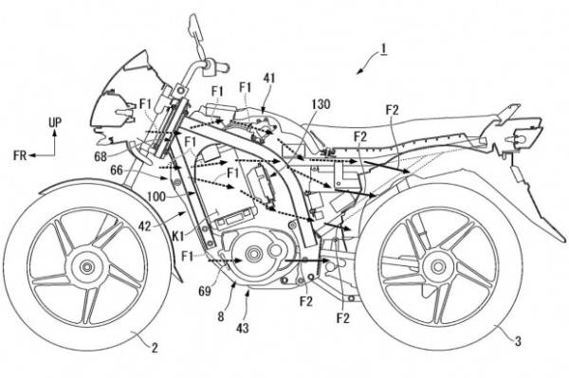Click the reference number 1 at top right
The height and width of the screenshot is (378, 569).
pyautogui.click(x=383, y=48)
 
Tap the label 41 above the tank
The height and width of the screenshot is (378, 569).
pyautogui.click(x=269, y=79)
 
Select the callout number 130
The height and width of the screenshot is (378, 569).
pyautogui.click(x=321, y=104)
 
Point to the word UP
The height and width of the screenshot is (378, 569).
pyautogui.click(x=55, y=123)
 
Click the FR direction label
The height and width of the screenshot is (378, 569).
pyautogui.click(x=20, y=155)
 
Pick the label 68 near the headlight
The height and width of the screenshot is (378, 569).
pyautogui.click(x=101, y=156)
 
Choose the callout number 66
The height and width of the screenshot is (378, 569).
pyautogui.click(x=117, y=171)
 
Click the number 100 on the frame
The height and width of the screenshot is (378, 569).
pyautogui.click(x=156, y=197)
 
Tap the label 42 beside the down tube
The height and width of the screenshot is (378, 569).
pyautogui.click(x=145, y=226)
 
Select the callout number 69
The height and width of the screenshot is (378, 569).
pyautogui.click(x=205, y=291)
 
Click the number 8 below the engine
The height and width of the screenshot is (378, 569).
pyautogui.click(x=221, y=316)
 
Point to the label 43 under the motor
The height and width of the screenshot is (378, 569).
pyautogui.click(x=243, y=328)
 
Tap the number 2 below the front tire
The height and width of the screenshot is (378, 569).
pyautogui.click(x=155, y=348)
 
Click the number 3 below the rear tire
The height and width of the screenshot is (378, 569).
pyautogui.click(x=518, y=340)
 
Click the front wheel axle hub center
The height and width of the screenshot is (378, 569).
pyautogui.click(x=87, y=267)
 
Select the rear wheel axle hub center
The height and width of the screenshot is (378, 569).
pyautogui.click(x=438, y=267)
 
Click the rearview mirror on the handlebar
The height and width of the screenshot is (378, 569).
pyautogui.click(x=194, y=27)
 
